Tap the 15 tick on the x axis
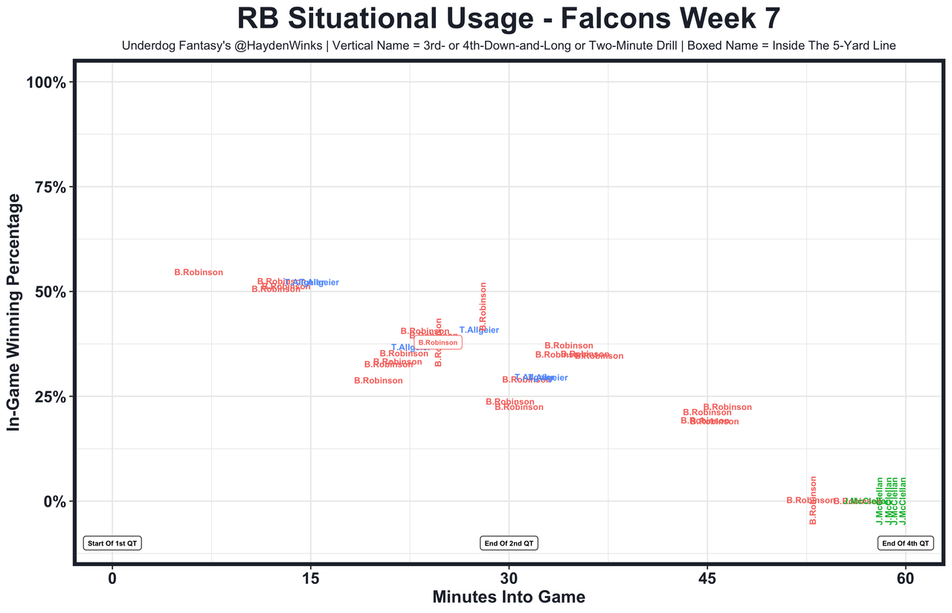[x=310, y=578]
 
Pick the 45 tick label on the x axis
[x=707, y=578]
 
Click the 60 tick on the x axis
[x=905, y=578]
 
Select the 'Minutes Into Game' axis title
[x=509, y=597]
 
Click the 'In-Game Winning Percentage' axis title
[x=13, y=312]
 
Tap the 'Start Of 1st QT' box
[x=112, y=543]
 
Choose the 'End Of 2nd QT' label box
[x=509, y=543]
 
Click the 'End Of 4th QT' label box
[x=905, y=543]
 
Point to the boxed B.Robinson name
[x=438, y=343]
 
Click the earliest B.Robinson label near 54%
[x=199, y=272]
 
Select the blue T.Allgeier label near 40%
[x=479, y=330]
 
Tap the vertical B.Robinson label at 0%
[x=813, y=500]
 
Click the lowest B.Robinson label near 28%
[x=379, y=380]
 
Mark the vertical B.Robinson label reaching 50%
[x=483, y=306]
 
